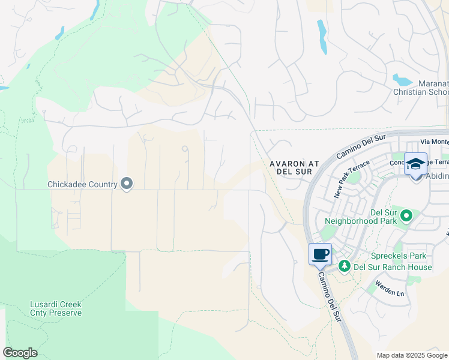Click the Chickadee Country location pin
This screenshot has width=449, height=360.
click(126, 184)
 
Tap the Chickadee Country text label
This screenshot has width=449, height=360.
click(82, 185)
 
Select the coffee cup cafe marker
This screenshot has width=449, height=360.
click(321, 254)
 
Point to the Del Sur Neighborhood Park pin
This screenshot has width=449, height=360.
click(406, 215)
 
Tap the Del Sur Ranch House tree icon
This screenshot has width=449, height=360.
click(345, 266)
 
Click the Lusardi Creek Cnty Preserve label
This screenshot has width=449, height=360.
click(56, 308)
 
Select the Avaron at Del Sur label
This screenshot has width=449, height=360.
click(291, 167)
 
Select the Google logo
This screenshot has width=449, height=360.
click(20, 353)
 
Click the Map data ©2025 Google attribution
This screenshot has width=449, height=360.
click(411, 355)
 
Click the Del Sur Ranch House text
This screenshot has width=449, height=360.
click(393, 267)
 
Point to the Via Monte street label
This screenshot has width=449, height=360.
click(434, 142)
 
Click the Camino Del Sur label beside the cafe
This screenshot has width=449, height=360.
click(330, 296)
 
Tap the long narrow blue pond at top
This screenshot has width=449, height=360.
click(322, 37)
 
